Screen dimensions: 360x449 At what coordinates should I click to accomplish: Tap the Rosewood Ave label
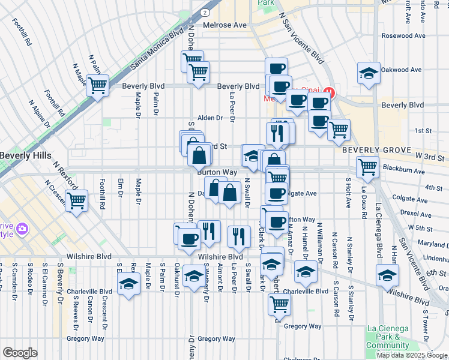click(x=403, y=35)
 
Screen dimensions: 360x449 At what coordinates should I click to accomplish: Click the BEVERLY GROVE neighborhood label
click(x=376, y=150)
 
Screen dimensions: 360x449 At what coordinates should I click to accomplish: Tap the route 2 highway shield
click(x=205, y=11)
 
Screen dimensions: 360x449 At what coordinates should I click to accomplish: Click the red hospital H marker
click(x=328, y=92)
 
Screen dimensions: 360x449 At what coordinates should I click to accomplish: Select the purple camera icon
click(x=23, y=229)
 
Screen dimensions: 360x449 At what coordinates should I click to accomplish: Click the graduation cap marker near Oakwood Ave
click(x=368, y=73)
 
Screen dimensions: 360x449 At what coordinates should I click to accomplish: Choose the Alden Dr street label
click(x=210, y=118)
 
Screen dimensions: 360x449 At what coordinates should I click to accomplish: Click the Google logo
click(x=20, y=353)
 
